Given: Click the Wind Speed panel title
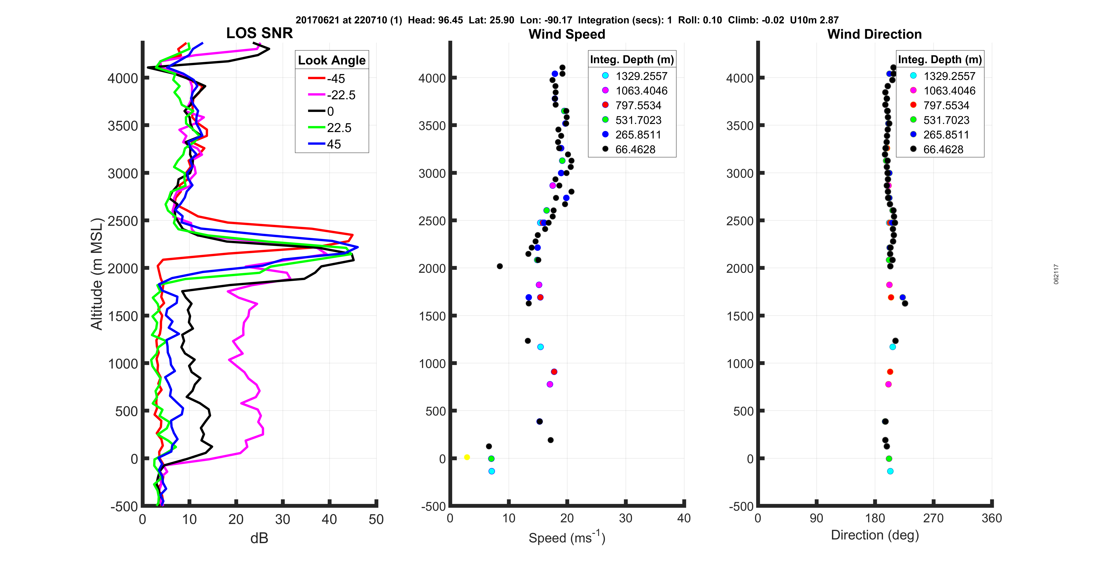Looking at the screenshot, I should click(567, 34).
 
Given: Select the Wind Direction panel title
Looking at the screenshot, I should click(874, 34).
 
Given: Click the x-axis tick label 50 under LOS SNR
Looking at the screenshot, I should click(376, 520).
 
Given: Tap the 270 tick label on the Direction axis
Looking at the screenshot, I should click(933, 518).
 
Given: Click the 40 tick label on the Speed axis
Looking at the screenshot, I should click(684, 518).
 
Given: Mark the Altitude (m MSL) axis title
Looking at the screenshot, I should click(97, 274).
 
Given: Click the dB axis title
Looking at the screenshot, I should click(259, 538).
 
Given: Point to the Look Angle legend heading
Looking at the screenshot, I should click(331, 60).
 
